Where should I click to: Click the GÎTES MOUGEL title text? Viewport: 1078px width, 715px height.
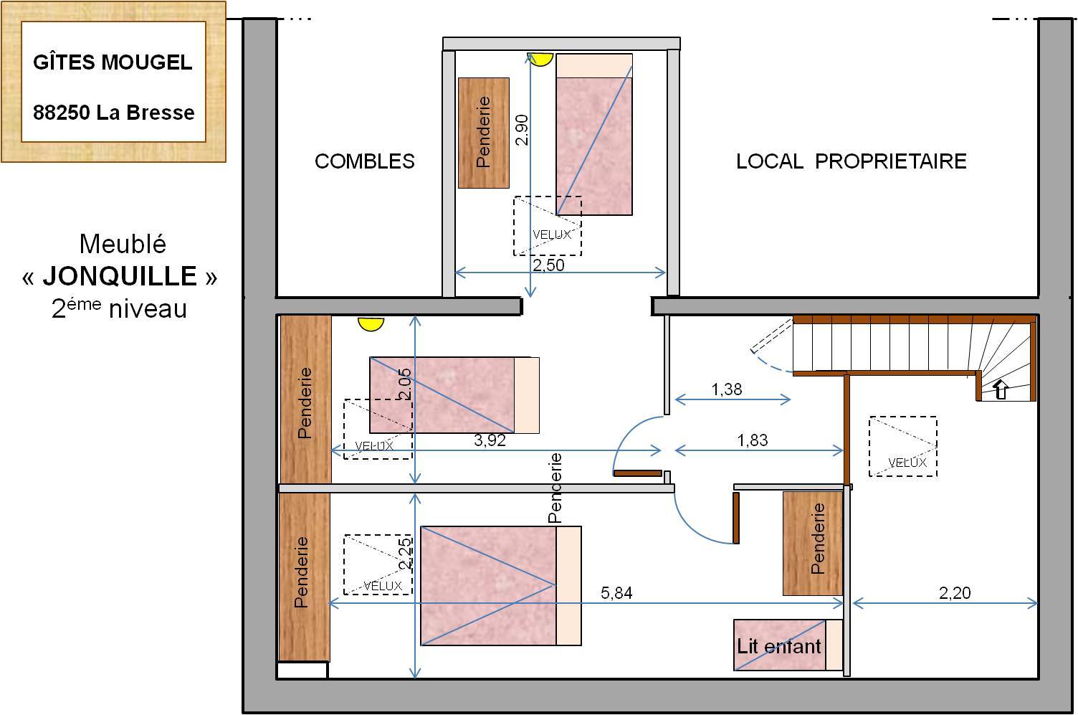pos(113,62)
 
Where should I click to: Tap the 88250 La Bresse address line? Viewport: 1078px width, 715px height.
pos(113,113)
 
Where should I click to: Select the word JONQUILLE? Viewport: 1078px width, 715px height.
pos(120,276)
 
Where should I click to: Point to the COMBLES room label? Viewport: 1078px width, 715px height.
pos(364,161)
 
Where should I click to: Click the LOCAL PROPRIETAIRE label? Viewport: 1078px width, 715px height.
pos(852,161)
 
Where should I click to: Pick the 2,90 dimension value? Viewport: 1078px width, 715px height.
pos(522,130)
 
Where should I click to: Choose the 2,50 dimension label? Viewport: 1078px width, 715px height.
pos(548,265)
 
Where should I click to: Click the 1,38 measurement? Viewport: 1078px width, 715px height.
pos(727,389)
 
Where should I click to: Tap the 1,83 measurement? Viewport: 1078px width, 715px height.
pos(753,440)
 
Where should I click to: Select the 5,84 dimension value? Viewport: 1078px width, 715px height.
pos(616,592)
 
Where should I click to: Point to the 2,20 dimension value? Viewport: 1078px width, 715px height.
pos(955,592)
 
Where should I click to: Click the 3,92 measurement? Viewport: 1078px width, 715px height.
pos(490,440)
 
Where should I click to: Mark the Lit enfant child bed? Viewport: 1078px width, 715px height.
pos(788,645)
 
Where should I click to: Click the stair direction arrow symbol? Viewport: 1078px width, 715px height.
pos(1001,389)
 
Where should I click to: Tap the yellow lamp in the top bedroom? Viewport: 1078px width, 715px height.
pos(540,60)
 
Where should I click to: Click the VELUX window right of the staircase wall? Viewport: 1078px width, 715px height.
pos(903,446)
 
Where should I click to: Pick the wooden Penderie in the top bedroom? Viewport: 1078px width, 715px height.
pos(484,133)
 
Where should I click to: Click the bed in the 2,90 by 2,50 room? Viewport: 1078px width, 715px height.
pos(594,134)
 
